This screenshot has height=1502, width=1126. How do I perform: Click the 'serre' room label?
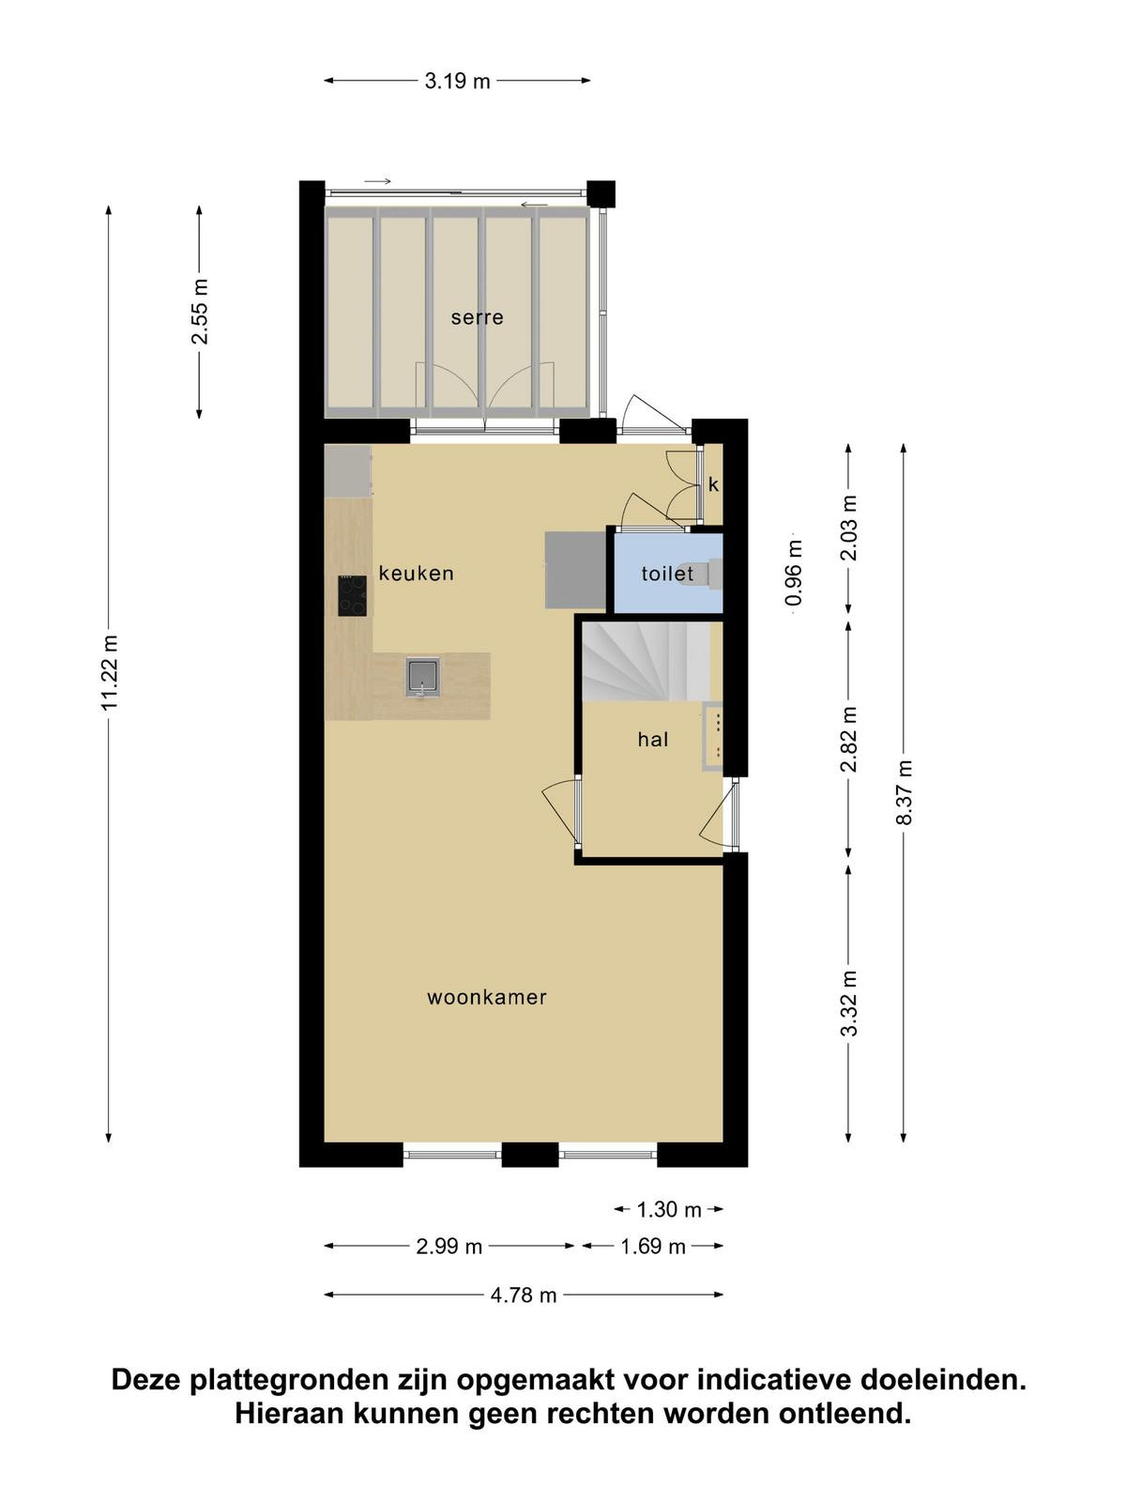click(x=477, y=317)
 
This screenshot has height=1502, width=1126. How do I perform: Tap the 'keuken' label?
click(x=416, y=573)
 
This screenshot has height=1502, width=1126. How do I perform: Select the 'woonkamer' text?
click(x=487, y=997)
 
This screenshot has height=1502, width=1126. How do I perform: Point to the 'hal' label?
click(x=652, y=739)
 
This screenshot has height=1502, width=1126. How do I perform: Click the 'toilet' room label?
click(x=667, y=573)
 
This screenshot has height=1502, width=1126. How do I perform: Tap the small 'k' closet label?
click(x=713, y=484)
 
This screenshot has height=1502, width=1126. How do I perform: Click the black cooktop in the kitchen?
click(x=351, y=596)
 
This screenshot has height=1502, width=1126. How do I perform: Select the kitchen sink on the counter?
click(x=422, y=677)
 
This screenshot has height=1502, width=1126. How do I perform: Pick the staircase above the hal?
click(x=647, y=661)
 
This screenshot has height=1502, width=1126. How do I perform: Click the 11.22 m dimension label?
click(x=110, y=673)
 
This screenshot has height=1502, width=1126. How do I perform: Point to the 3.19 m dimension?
click(x=457, y=82)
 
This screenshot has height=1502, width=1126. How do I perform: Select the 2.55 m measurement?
click(x=200, y=312)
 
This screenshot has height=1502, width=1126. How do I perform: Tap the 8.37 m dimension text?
click(x=904, y=792)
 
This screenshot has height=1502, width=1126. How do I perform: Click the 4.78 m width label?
click(x=524, y=1295)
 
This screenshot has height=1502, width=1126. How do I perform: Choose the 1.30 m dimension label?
click(x=669, y=1210)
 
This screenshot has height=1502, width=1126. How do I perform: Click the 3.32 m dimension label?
click(x=849, y=1004)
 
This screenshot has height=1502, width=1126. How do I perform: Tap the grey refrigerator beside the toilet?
click(x=575, y=570)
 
